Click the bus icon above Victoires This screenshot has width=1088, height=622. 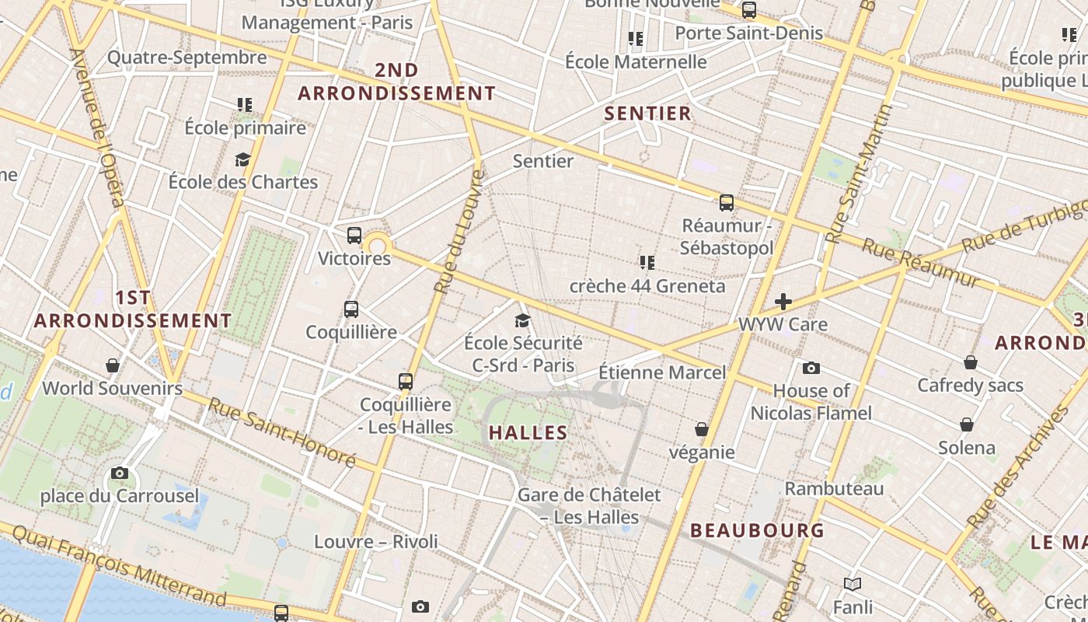[x=354, y=235]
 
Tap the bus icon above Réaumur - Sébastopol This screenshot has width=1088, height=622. [x=727, y=203]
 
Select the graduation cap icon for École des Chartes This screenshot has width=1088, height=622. [x=243, y=160]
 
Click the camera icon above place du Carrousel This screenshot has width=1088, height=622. [x=120, y=473]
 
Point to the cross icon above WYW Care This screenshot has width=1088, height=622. [x=783, y=302]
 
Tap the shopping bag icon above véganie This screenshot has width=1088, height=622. [x=702, y=429]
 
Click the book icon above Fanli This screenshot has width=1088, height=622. [x=853, y=584]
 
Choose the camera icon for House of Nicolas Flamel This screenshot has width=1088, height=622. [x=811, y=368]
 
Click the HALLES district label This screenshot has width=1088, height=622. [x=528, y=433]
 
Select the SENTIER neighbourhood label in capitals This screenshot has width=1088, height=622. [x=648, y=114]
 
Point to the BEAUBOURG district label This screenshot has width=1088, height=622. [x=757, y=531]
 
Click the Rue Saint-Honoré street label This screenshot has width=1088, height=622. [x=281, y=432]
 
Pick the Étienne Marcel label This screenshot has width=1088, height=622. [x=662, y=372]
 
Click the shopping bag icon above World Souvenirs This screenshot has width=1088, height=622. [x=113, y=365]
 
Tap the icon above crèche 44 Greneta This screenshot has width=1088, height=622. [x=647, y=263]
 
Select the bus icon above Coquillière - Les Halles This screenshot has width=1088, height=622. [x=406, y=382]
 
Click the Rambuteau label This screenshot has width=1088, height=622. [x=835, y=489]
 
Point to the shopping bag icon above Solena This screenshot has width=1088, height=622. [x=967, y=425]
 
